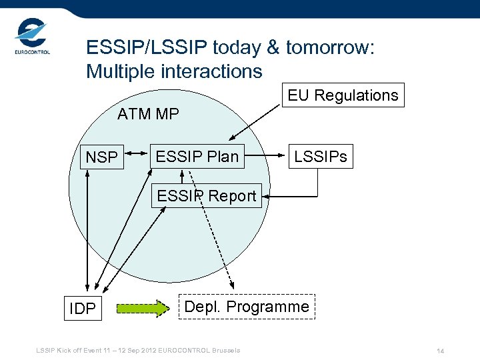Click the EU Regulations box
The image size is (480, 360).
[343, 95]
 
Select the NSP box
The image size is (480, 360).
[101, 157]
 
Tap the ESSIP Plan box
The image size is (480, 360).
[197, 157]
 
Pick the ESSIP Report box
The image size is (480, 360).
[206, 196]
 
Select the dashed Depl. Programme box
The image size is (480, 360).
[247, 307]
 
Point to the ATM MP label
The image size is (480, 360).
[148, 114]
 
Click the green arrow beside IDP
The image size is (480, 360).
[143, 308]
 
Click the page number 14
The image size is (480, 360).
[440, 351]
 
